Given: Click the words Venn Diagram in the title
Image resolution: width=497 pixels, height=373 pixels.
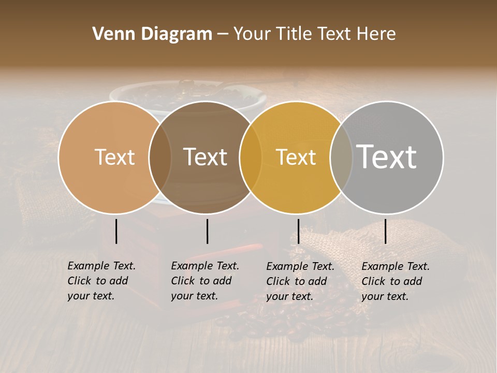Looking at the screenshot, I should point(152,34).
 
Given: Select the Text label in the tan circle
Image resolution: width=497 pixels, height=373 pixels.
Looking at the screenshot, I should point(115,157).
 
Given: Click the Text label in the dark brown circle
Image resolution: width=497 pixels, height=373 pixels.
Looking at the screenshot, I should point(206,157).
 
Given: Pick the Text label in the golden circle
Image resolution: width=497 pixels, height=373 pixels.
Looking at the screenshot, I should point(296,157).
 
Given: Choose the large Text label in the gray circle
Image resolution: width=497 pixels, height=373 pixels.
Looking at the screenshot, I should point(387,157).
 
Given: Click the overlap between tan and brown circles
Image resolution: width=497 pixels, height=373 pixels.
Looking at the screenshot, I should point(160,157).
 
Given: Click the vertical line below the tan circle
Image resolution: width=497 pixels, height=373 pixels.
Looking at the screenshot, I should point(116,231).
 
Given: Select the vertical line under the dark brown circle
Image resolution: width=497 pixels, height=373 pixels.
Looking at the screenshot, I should point(207,231).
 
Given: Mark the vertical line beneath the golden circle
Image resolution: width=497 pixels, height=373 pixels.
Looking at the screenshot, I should point(298,231).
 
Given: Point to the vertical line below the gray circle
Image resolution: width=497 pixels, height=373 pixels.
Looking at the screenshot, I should point(386,231).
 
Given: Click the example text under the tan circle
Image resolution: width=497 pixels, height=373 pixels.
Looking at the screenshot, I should point(101,281).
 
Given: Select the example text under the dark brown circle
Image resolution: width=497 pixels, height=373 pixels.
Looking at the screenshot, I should point(205,281).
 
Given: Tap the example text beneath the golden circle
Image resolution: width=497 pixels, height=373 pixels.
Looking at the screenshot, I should point(300,281).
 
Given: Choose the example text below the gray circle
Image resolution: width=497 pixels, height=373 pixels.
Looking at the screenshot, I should point(396,281).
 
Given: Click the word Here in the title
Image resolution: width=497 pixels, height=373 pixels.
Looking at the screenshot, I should point(379,34).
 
